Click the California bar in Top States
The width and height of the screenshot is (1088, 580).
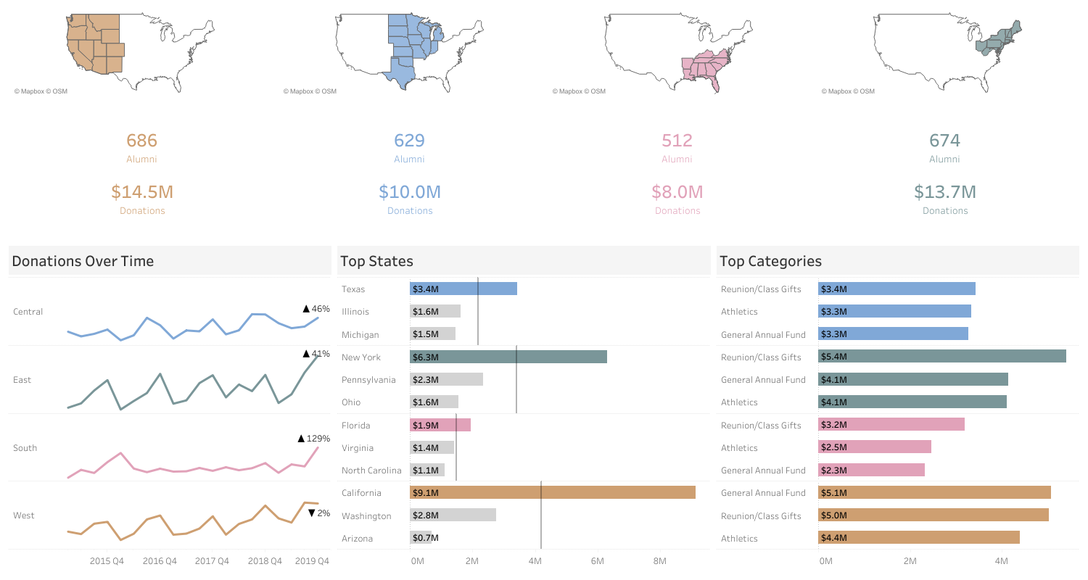click(x=552, y=492)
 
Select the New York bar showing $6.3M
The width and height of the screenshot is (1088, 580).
click(x=508, y=357)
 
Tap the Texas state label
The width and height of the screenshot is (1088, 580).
click(x=353, y=289)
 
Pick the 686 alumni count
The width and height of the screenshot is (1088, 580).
click(x=141, y=141)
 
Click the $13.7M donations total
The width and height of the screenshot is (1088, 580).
click(x=944, y=192)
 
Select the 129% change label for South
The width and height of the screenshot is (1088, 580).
click(x=314, y=439)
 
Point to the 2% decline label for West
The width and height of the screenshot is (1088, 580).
click(x=319, y=513)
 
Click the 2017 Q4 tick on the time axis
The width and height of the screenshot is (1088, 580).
click(x=212, y=561)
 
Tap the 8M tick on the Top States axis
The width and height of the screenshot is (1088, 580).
click(x=659, y=561)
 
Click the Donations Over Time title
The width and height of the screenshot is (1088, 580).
click(x=83, y=261)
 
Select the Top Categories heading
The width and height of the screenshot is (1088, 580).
click(x=770, y=261)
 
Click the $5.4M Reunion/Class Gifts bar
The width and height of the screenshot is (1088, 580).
click(x=941, y=357)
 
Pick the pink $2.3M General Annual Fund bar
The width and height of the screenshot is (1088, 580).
click(x=871, y=470)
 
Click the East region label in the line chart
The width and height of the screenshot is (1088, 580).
click(x=22, y=380)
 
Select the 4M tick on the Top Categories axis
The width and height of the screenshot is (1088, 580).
click(x=1001, y=561)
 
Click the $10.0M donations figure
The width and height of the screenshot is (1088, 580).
click(x=409, y=192)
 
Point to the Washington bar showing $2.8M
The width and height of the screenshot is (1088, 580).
click(x=453, y=515)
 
